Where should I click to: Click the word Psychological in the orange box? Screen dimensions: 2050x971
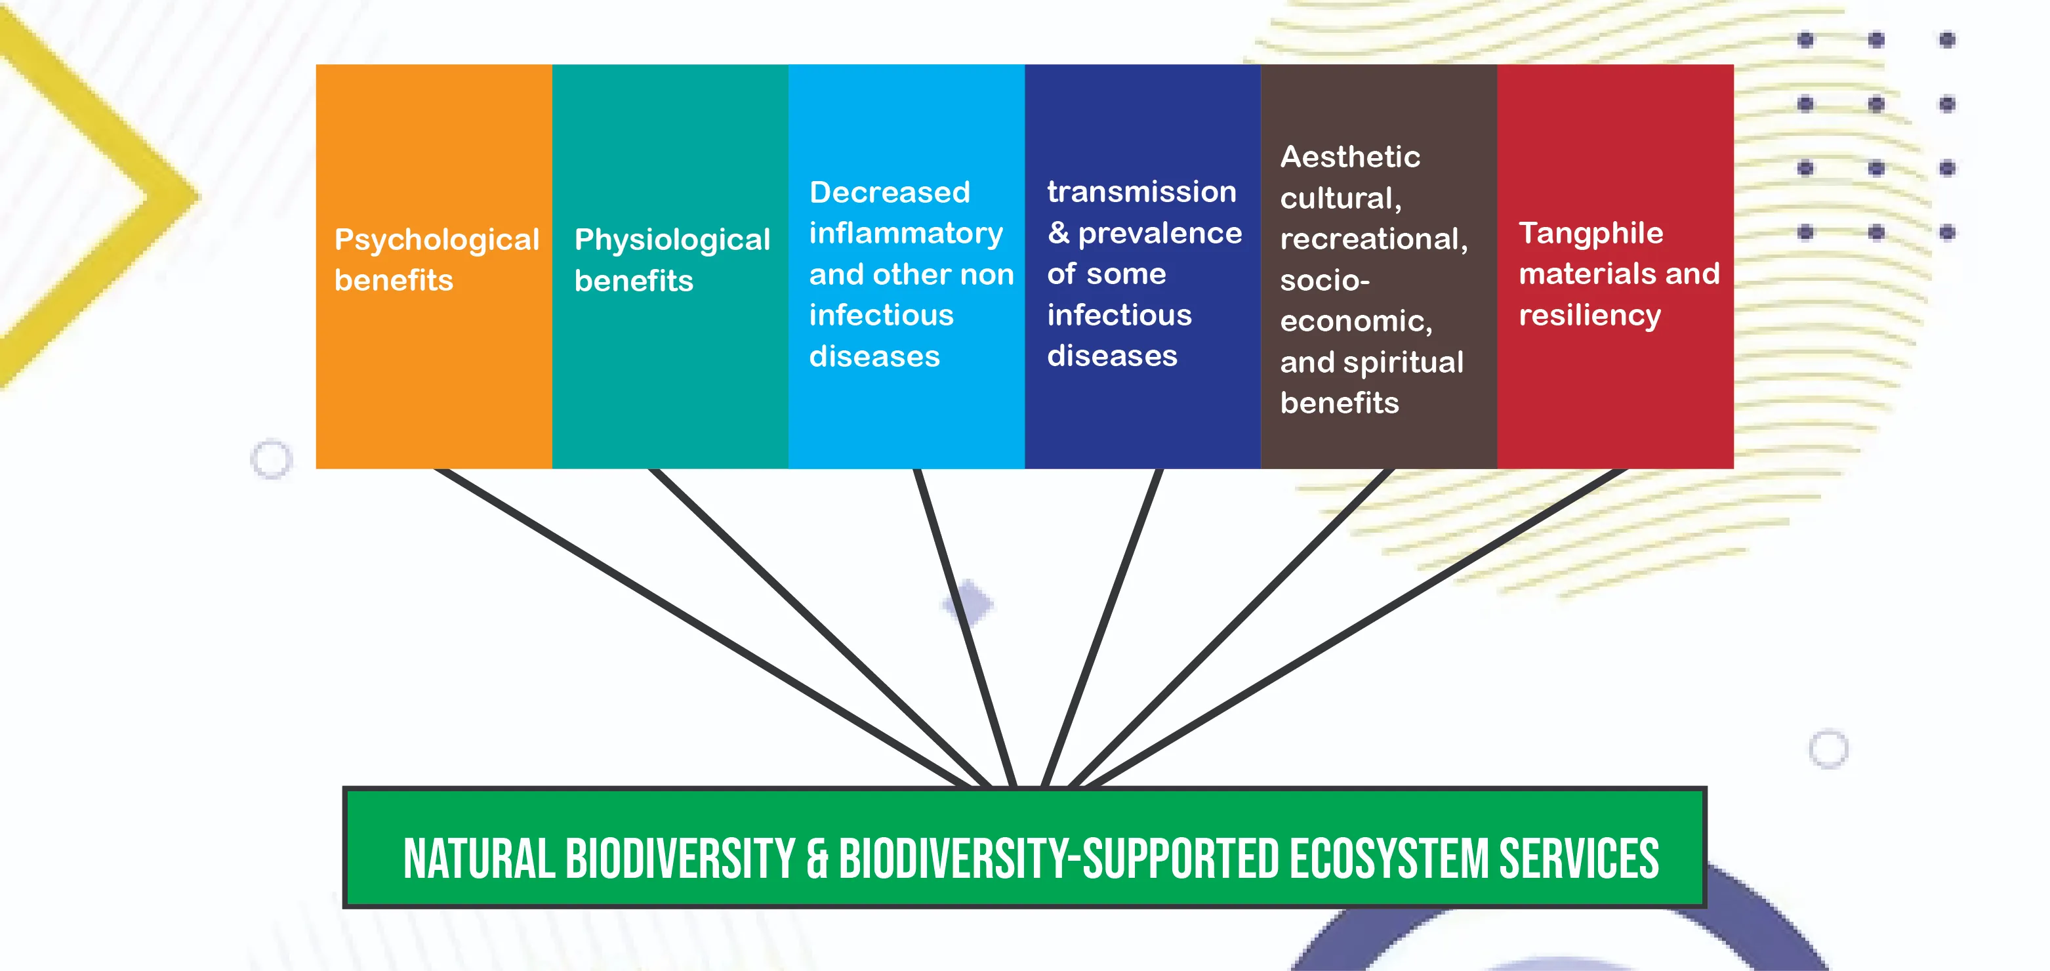click(437, 239)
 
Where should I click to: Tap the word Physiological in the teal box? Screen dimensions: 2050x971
click(672, 239)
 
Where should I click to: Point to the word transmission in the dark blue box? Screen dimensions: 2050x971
click(1142, 191)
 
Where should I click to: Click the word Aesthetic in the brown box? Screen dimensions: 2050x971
click(1351, 156)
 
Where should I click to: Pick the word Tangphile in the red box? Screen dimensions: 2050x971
click(1591, 233)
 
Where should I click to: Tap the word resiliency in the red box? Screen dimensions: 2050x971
click(1590, 315)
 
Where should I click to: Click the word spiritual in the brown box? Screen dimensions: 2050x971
click(1403, 362)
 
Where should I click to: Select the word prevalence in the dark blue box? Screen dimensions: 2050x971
click(1160, 232)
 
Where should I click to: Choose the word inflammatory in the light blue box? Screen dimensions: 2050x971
click(907, 233)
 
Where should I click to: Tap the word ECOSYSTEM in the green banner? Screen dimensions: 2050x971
click(1389, 859)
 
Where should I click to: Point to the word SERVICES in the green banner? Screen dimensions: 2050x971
click(1580, 859)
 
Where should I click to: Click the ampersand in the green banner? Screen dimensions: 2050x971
click(817, 859)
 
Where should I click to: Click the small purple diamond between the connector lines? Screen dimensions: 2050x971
click(968, 604)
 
